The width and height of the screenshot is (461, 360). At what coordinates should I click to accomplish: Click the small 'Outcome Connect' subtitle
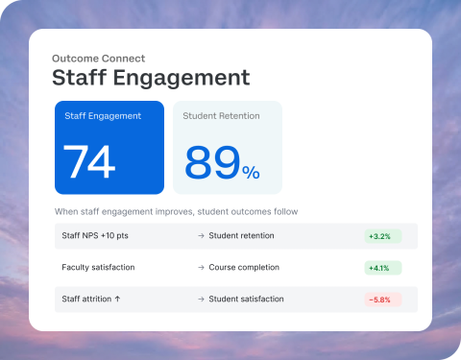point(98,59)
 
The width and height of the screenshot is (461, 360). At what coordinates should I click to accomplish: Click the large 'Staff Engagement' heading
point(151,78)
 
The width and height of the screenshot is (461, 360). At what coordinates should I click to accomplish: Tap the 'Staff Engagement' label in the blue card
point(103,116)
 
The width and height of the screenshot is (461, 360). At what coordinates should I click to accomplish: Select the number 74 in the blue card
point(89,161)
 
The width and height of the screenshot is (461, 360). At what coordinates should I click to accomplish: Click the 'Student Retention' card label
point(221,116)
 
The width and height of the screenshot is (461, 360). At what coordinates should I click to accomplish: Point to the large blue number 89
point(212,162)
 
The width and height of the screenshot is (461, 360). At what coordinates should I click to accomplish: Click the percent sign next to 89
point(251,173)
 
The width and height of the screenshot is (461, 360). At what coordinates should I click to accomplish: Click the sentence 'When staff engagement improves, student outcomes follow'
point(177,211)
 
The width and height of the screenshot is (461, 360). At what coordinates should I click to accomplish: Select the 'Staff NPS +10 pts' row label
point(95,235)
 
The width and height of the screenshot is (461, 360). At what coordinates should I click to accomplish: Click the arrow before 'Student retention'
point(201,236)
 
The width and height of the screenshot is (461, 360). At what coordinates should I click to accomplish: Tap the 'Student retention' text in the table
point(241,235)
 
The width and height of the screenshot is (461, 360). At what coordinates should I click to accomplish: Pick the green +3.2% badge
point(383,236)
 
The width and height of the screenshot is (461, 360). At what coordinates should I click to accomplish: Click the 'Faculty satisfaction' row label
point(98,267)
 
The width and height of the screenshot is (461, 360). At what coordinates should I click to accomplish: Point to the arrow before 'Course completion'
point(201,268)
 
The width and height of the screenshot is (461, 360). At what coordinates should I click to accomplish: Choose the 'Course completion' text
point(244,267)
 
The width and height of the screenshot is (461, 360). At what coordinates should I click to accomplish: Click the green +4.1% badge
point(383,268)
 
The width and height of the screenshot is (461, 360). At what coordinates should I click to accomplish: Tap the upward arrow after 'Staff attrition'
point(117,299)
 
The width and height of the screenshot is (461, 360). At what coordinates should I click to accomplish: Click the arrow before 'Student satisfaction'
point(201,300)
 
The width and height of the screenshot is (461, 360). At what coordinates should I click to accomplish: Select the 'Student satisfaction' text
point(246,299)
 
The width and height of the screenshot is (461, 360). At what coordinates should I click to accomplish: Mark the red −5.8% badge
point(383,300)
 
